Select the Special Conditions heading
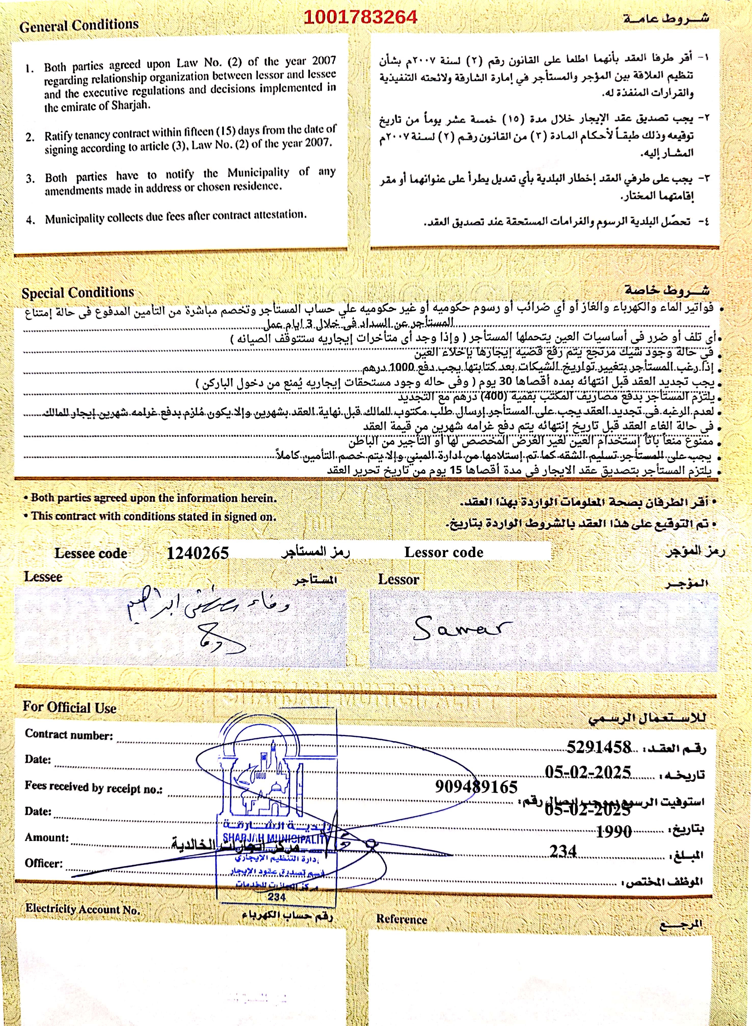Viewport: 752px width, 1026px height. pyautogui.click(x=78, y=292)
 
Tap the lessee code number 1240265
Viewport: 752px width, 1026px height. pyautogui.click(x=198, y=553)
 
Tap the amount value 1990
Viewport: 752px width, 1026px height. pyautogui.click(x=614, y=831)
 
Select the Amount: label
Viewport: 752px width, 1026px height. pyautogui.click(x=46, y=837)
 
